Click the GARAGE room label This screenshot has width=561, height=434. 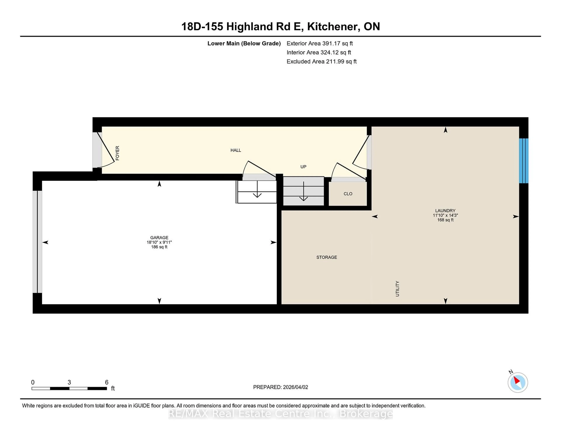[x=159, y=238]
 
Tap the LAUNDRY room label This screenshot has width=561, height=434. [x=445, y=211]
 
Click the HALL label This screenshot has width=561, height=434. [x=236, y=150]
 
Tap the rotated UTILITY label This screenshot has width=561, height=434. [x=397, y=289]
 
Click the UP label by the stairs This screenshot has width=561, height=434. [x=303, y=167]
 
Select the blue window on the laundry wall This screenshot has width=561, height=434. [x=523, y=161]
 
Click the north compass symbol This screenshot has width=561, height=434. [x=518, y=382]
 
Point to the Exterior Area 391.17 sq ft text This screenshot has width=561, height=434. [x=320, y=43]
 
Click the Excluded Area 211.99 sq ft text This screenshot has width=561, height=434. [x=321, y=61]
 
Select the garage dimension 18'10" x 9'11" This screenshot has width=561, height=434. [x=159, y=242]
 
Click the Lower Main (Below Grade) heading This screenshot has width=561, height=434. [x=244, y=43]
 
